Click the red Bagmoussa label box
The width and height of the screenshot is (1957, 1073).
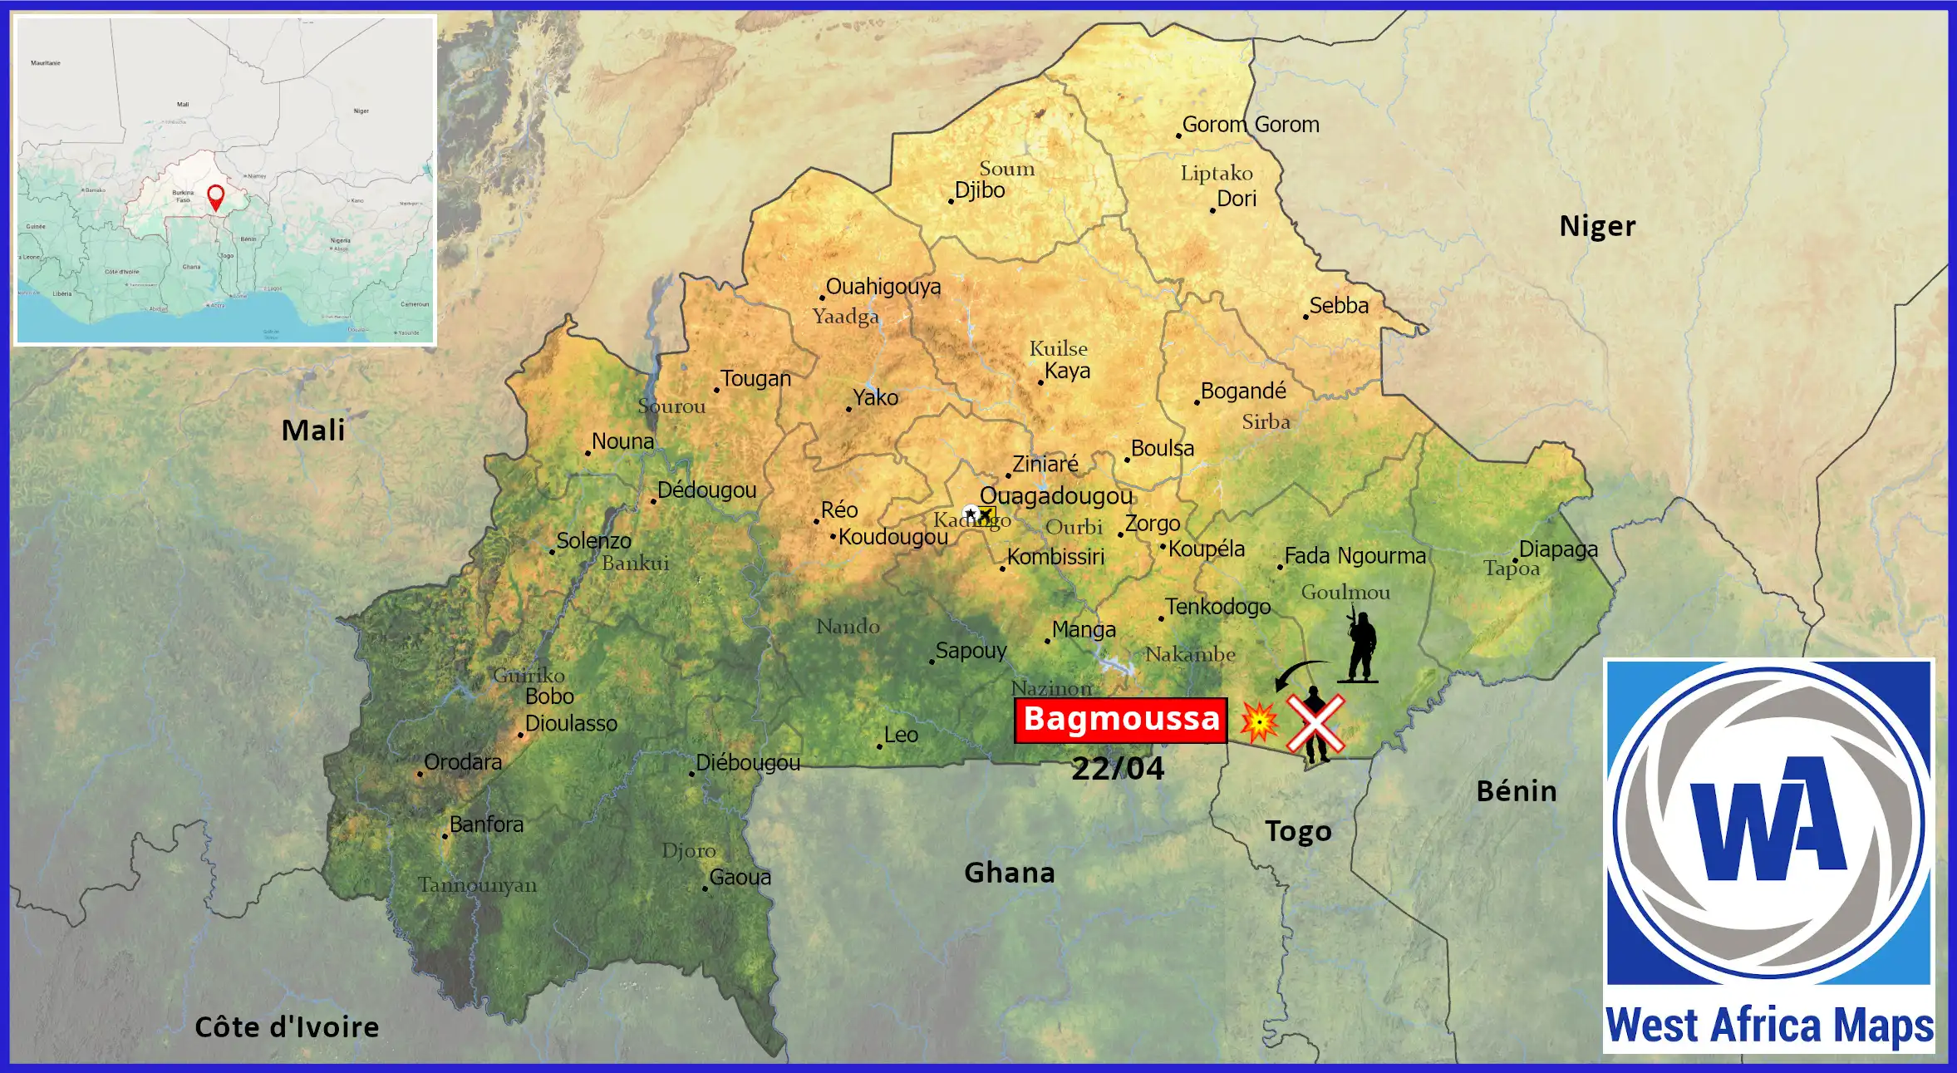coord(1120,720)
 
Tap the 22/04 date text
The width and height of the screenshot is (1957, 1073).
coord(1118,769)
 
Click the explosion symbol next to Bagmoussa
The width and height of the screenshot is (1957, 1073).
coord(1259,721)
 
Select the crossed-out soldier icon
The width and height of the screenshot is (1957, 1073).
coord(1315,724)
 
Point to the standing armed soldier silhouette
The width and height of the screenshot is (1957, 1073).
coord(1360,647)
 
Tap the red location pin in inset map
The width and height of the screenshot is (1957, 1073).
coord(215,197)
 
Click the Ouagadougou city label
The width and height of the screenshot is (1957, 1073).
coord(1055,496)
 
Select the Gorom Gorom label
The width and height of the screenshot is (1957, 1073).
coord(1250,125)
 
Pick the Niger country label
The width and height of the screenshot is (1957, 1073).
coord(1596,226)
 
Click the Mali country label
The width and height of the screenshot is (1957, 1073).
coord(312,431)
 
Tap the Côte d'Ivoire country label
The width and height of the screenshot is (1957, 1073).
coord(287,1027)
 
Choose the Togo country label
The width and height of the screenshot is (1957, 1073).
coord(1297,831)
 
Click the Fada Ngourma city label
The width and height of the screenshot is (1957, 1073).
coord(1355,556)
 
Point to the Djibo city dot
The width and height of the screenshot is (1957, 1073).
coord(951,201)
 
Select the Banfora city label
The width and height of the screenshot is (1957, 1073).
coord(486,824)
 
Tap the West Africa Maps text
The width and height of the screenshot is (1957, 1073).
coord(1769,1026)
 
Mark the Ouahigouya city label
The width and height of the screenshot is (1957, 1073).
coord(883,287)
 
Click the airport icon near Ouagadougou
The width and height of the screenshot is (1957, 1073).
coord(986,515)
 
